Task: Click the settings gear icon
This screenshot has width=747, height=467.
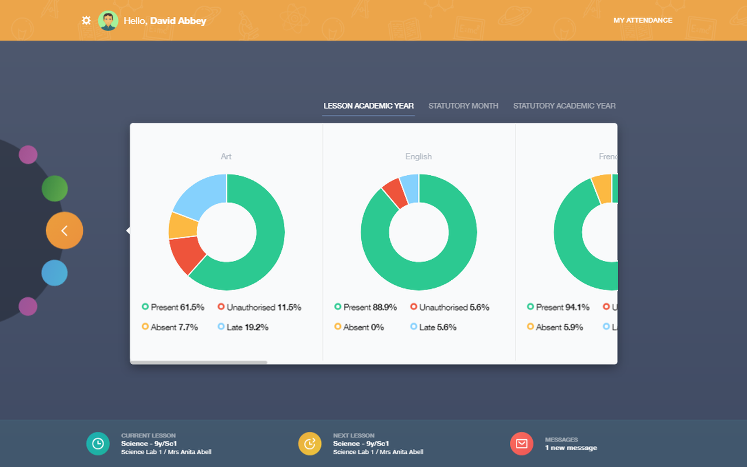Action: tap(86, 20)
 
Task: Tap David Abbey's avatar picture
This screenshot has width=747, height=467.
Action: tap(108, 20)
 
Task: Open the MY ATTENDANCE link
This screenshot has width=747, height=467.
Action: tap(643, 20)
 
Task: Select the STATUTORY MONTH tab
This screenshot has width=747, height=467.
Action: tap(463, 106)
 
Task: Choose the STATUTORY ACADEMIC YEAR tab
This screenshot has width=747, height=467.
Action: tap(564, 106)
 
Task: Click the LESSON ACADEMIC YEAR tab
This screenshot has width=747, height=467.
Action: tap(368, 106)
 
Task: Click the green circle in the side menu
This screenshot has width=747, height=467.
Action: tap(54, 189)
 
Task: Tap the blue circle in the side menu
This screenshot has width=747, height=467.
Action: tap(54, 273)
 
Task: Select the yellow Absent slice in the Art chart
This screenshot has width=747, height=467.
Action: tap(183, 225)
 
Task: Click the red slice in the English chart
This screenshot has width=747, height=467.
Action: tap(395, 192)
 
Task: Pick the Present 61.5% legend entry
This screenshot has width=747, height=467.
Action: tap(173, 307)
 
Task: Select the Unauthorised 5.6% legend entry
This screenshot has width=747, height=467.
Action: tap(449, 307)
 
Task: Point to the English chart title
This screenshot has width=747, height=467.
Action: tap(418, 156)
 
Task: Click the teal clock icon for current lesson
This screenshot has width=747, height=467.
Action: tap(97, 444)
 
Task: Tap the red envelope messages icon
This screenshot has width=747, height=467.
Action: tap(521, 444)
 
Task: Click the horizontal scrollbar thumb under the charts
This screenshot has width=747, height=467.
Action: tap(198, 363)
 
